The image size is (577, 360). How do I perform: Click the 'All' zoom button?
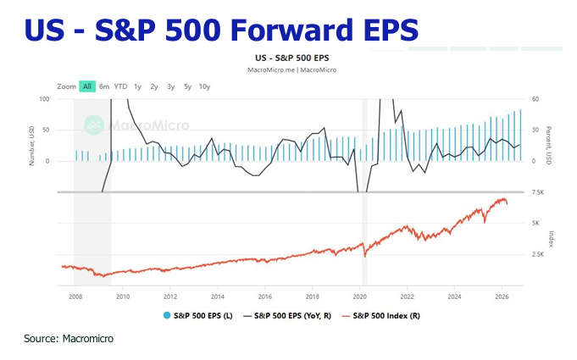pos(87,86)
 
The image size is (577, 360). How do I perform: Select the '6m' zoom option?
pos(104,86)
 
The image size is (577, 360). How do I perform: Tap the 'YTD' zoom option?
pos(121,86)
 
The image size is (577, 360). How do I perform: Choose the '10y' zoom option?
pos(204,86)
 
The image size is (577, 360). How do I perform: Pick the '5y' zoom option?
pos(187,86)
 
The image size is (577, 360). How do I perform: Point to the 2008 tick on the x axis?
pos(75,297)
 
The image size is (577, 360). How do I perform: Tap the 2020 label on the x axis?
pos(360,297)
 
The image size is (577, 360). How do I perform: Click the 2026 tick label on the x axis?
pos(502,297)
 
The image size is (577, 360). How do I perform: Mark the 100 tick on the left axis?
pos(44,99)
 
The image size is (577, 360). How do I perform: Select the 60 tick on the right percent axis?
pos(535,99)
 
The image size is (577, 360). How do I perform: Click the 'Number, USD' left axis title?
pos(32,144)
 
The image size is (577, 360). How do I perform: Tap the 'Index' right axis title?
pos(552,238)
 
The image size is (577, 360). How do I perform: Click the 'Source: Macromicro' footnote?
pos(69,339)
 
